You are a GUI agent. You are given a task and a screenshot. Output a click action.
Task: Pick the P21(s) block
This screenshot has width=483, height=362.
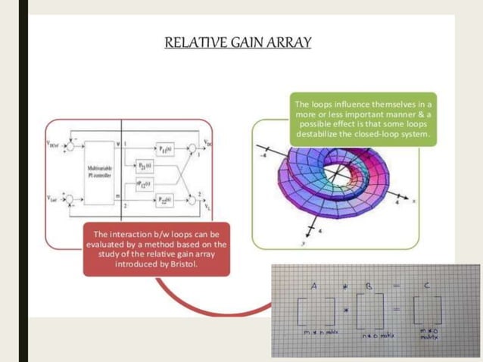point(146,164)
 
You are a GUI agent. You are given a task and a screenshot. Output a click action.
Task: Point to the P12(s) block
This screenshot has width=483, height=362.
point(146,183)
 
